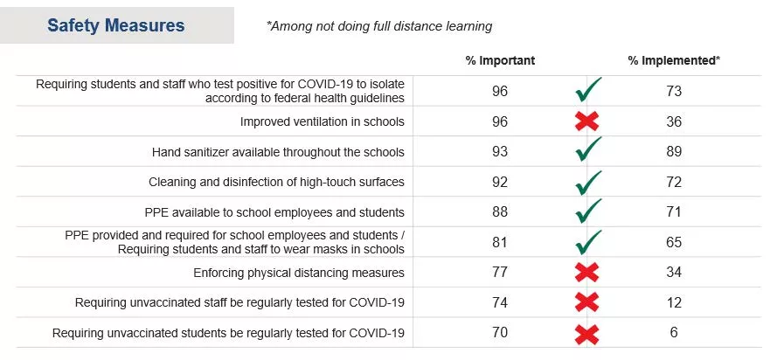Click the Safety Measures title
pos(116,25)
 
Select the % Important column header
pos(500,61)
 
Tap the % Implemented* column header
pos(674,61)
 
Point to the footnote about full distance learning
pos(379,26)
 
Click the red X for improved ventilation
pos(587,121)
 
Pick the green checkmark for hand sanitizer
pos(588,151)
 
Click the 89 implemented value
pos(673,151)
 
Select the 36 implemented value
pos(673,121)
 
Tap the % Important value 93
pos(500,151)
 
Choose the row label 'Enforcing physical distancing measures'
pos(299,273)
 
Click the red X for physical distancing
pos(587,273)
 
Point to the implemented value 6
pos(673,332)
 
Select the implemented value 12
pos(673,302)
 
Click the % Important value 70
pos(500,332)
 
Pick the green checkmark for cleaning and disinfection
pos(588,182)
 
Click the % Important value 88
pos(500,211)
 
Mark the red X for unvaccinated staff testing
pos(587,302)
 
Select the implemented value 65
pos(673,242)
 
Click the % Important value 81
pos(500,242)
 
